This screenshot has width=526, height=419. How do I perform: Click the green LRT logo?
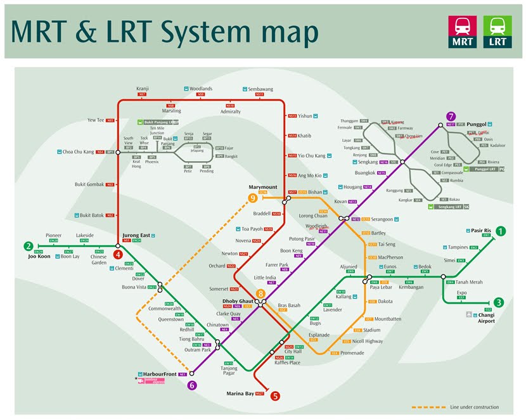pos(497,32)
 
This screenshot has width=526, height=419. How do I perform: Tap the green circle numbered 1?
pos(501,231)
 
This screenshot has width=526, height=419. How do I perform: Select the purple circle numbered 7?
pos(451,116)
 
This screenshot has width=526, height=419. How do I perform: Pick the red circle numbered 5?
pos(275,396)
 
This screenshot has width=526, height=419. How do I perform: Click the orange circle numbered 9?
pos(253,198)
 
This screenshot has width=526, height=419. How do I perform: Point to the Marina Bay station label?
pos(240,394)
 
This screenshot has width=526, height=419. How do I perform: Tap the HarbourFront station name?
pos(156,374)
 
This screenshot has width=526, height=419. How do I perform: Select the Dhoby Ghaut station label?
pos(238,300)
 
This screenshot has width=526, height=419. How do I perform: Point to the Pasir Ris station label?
pos(481,231)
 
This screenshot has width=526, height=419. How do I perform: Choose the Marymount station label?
pos(263,187)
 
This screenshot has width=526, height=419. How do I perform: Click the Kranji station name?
pos(142,89)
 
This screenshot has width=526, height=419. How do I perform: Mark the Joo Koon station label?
pos(39,257)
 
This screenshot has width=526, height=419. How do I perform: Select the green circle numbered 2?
pos(29,247)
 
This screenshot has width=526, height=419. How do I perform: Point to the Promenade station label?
pos(352,353)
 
